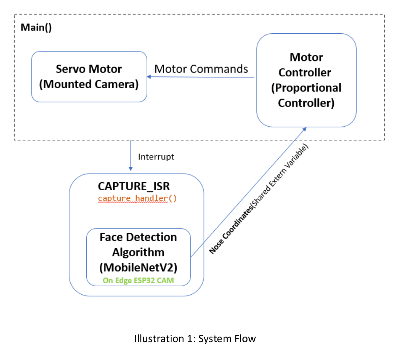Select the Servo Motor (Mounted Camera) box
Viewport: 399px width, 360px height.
[89, 76]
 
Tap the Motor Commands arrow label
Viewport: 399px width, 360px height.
[201, 69]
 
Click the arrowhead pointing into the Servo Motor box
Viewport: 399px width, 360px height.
[149, 77]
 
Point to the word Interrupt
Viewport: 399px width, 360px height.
[156, 157]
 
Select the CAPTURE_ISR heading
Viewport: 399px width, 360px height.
[137, 187]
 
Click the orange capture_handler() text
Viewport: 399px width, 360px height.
[137, 198]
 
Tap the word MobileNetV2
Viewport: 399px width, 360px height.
[138, 268]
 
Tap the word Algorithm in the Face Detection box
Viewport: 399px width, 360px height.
[138, 252]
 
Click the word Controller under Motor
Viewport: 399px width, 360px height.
[306, 73]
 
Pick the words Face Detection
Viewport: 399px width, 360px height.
[138, 237]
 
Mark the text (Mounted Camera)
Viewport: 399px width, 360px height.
[89, 84]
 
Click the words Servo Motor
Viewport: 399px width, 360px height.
[89, 69]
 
